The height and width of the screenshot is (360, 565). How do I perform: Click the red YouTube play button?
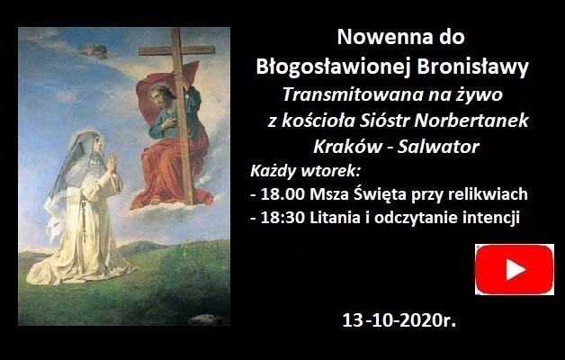(x=515, y=269)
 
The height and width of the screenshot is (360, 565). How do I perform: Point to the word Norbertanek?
(x=471, y=121)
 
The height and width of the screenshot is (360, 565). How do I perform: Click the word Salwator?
(x=438, y=147)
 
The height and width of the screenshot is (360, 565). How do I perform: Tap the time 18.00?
(x=282, y=194)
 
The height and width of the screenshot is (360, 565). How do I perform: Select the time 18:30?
(x=282, y=218)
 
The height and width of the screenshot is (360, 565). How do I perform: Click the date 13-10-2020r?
(x=399, y=320)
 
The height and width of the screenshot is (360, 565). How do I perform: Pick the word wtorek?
(x=331, y=171)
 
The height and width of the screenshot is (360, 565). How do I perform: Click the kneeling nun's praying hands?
(x=112, y=163)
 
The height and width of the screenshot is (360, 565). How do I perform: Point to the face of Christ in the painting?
(x=158, y=96)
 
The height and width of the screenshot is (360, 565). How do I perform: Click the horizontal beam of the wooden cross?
(x=176, y=50)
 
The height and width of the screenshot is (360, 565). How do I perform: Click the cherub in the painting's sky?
(x=94, y=51)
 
